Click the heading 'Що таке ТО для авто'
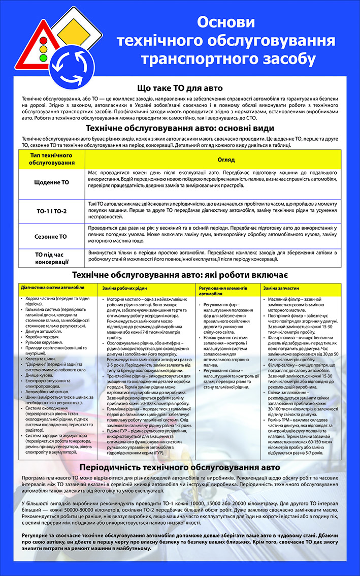[x=180, y=87]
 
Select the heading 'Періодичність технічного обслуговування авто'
[x=180, y=467]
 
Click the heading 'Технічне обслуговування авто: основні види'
[x=180, y=128]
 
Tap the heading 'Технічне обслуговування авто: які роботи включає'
[x=180, y=275]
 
